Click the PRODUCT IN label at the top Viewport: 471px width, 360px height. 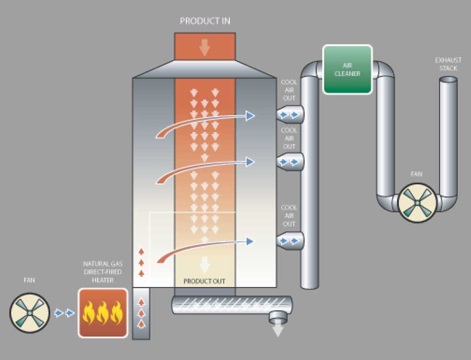tap(205, 21)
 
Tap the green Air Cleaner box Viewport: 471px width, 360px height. tap(347, 69)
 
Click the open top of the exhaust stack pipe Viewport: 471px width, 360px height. tap(448, 80)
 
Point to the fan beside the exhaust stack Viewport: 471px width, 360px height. tap(417, 203)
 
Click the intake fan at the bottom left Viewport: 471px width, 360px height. tap(30, 312)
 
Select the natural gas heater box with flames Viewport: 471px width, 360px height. tap(103, 312)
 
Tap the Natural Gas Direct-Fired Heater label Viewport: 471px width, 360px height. tap(103, 272)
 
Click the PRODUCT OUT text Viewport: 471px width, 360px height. tap(204, 282)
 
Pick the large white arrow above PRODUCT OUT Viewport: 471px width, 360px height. tap(205, 264)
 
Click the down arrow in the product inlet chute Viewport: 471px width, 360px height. tap(205, 48)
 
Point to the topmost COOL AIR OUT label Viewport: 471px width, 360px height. tap(289, 90)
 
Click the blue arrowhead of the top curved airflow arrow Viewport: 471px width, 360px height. tap(250, 116)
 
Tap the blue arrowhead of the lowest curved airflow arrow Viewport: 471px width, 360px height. tap(250, 241)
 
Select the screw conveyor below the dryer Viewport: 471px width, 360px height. tap(232, 305)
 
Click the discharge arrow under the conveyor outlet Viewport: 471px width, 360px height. tap(278, 330)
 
